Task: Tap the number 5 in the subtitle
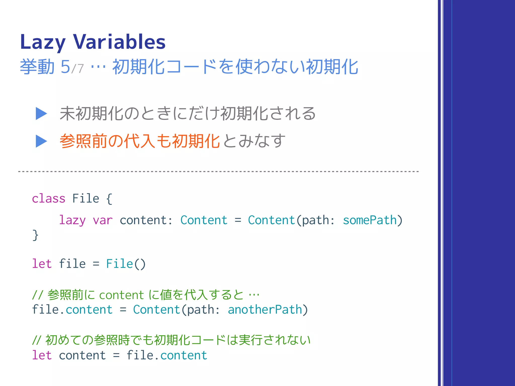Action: pyautogui.click(x=65, y=67)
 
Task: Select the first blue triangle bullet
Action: pyautogui.click(x=41, y=114)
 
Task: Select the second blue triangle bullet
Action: pyautogui.click(x=41, y=141)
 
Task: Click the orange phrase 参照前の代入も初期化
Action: pyautogui.click(x=140, y=141)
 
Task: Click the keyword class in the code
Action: pyautogui.click(x=49, y=199)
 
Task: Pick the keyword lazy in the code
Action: pyautogui.click(x=72, y=220)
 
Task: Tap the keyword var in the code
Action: pyautogui.click(x=103, y=220)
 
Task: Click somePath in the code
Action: pyautogui.click(x=370, y=220)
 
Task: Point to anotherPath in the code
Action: pyautogui.click(x=265, y=310)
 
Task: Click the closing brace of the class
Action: pyautogui.click(x=35, y=235)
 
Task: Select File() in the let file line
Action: pyautogui.click(x=126, y=264)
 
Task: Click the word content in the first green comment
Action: pyautogui.click(x=121, y=295)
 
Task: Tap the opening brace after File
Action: pyautogui.click(x=109, y=199)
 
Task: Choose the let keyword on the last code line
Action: pyautogui.click(x=42, y=355)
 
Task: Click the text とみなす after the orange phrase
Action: pyautogui.click(x=254, y=141)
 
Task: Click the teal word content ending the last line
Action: pyautogui.click(x=184, y=355)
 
